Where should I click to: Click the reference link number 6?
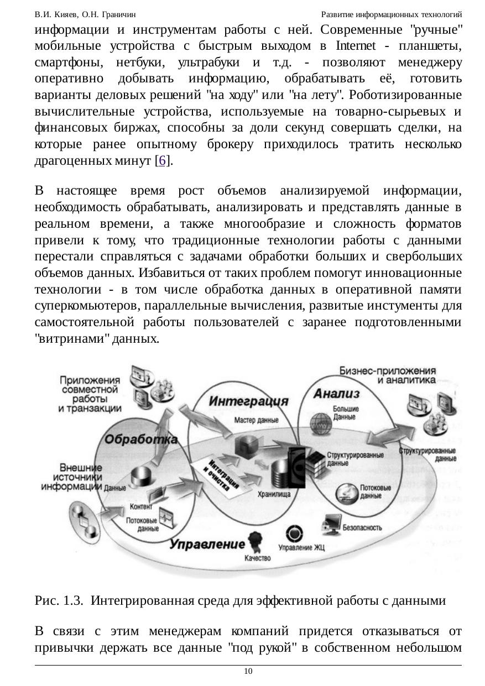[x=162, y=161]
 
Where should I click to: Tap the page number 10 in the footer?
[x=248, y=671]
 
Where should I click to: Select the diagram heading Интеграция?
[x=249, y=401]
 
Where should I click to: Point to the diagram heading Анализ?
[x=336, y=394]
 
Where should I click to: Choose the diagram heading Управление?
[x=207, y=544]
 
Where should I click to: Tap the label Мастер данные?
[x=256, y=420]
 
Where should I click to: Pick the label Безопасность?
[x=362, y=527]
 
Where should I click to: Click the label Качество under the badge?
[x=257, y=558]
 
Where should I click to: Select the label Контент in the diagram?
[x=141, y=506]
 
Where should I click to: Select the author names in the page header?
[x=85, y=13]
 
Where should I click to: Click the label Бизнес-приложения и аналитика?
[x=387, y=375]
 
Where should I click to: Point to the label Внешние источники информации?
[x=71, y=477]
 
